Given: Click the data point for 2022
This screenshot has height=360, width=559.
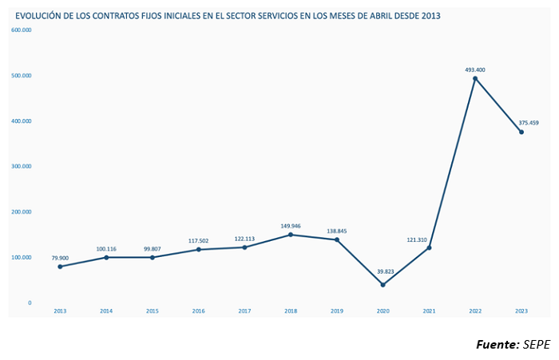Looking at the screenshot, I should [x=475, y=78].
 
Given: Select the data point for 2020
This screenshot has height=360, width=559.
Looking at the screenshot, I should [x=383, y=285].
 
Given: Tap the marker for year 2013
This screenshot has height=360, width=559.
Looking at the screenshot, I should [x=60, y=267].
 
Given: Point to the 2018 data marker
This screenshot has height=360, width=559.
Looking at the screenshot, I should [x=291, y=235].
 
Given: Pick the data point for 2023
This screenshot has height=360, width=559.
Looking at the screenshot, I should [x=521, y=132].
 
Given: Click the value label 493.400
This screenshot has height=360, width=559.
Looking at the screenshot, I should [x=475, y=70].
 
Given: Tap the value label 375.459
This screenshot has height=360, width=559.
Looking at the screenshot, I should [x=529, y=123].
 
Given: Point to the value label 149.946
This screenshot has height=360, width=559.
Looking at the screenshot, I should [x=291, y=226].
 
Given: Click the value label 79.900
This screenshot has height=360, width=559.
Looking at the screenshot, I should [x=60, y=258].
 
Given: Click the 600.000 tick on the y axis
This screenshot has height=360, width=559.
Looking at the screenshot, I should [x=22, y=30].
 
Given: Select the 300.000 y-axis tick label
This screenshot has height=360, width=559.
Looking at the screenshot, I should [x=22, y=167].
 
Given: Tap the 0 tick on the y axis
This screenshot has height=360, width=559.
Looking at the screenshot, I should [x=30, y=303].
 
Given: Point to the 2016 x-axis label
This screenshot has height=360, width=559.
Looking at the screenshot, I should [x=199, y=311].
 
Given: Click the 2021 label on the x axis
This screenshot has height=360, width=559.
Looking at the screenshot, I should [x=430, y=311].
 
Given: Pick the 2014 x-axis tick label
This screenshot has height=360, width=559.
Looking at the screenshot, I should [x=106, y=311].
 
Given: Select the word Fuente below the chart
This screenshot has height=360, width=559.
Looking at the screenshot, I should [x=497, y=344].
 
